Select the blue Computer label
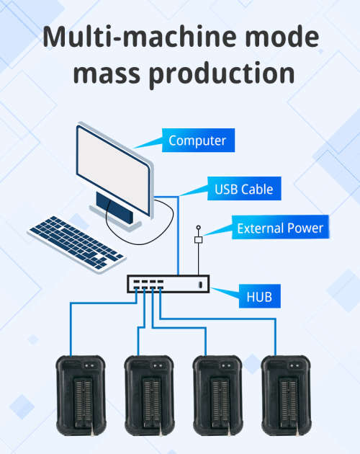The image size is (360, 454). [x=197, y=141]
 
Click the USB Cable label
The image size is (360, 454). [x=243, y=190]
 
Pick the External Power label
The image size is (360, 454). [x=280, y=229]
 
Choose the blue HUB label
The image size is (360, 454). [x=259, y=295]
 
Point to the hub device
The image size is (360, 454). [x=169, y=285]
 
